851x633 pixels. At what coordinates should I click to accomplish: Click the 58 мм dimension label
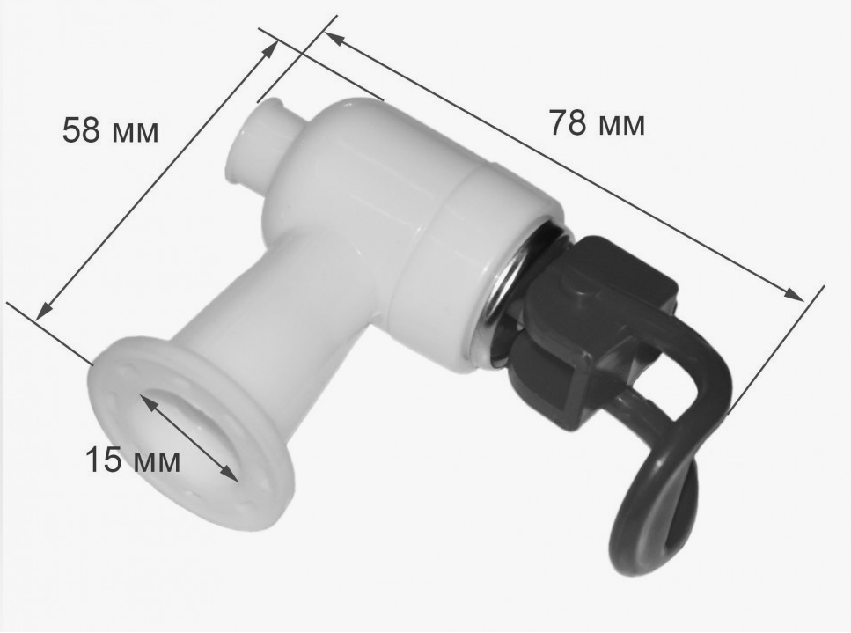coord(110,130)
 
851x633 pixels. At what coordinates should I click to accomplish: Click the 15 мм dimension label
coord(132,460)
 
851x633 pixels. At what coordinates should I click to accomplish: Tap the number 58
coord(82,130)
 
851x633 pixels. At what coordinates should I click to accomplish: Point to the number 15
coord(103,460)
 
